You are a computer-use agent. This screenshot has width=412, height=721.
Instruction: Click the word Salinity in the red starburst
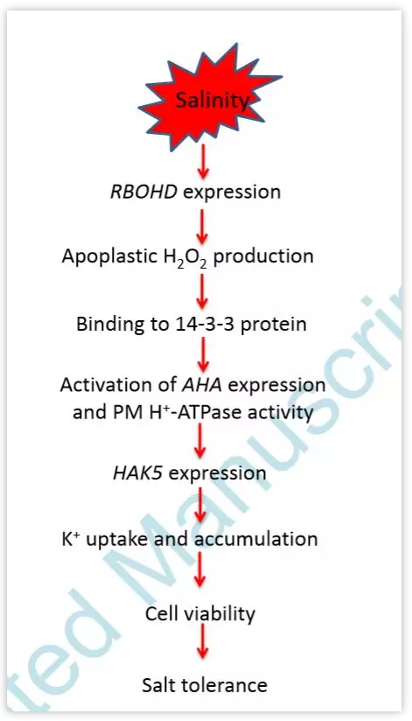pos(213,101)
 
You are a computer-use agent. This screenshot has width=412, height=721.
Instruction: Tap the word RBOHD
pos(143,192)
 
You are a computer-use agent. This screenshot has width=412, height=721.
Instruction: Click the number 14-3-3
pos(207,324)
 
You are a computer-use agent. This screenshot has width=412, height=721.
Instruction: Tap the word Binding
pos(108,325)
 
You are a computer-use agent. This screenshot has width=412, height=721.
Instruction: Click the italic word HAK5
pos(137,472)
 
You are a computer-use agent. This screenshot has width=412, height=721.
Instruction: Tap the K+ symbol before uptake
pos(71,538)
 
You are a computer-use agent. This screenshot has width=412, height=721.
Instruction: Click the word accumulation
pos(255,538)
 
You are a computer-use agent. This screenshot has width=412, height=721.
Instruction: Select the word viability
pos(218,614)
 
